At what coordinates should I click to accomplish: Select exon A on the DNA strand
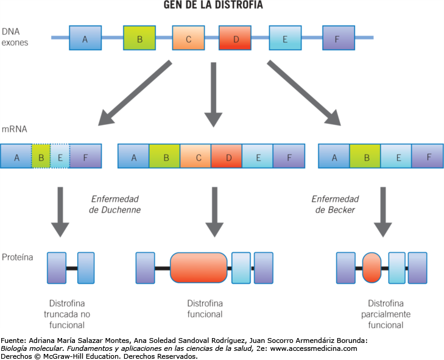coord(85,38)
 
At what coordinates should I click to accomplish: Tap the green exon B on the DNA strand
coord(139,38)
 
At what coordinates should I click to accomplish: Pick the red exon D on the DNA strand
coord(234,38)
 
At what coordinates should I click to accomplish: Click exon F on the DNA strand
coord(338,38)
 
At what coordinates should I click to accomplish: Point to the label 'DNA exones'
coord(15,37)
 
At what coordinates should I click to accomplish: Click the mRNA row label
coord(14,129)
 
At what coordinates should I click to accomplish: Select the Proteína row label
coord(18,258)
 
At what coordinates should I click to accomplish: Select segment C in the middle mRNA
coord(196,156)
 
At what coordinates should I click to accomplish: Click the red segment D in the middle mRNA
coord(227,156)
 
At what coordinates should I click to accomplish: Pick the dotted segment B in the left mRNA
coord(41,156)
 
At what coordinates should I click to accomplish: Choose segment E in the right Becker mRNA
coord(396,156)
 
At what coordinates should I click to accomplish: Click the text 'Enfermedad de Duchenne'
coord(115,204)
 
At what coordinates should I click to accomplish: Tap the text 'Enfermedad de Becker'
coord(335,204)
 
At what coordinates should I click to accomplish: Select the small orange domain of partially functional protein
coord(371,268)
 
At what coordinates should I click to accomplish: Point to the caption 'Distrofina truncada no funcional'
coord(71,314)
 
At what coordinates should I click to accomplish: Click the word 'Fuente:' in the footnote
coord(12,341)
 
